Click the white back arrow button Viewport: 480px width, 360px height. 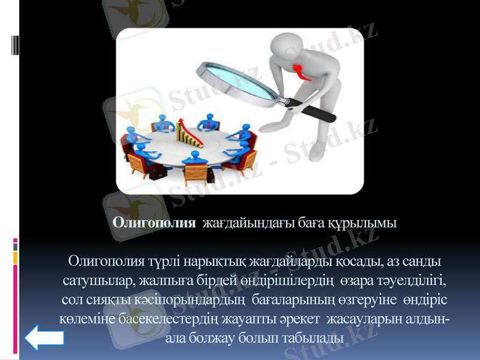pos(44,338)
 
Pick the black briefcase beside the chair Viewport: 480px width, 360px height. pos(157,174)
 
